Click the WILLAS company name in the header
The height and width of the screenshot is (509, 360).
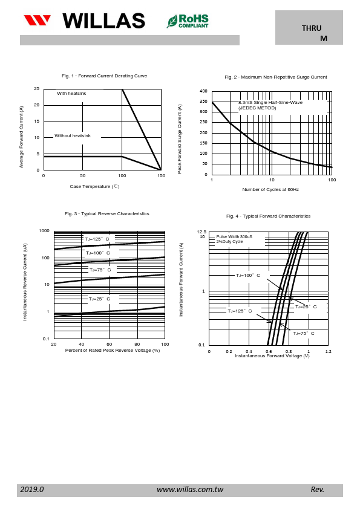[103, 21]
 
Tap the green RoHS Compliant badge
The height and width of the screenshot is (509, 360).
[188, 21]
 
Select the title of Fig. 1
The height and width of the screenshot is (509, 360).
[104, 76]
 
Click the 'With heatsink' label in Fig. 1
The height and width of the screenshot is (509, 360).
[71, 94]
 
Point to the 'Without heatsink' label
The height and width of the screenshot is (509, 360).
[73, 135]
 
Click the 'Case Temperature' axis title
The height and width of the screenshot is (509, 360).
[94, 186]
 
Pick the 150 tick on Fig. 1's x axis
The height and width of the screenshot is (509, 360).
[162, 176]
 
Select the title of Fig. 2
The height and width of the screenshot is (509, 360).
[276, 77]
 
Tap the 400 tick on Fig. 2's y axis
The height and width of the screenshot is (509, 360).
[203, 91]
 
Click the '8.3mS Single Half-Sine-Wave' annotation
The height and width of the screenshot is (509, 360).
[270, 102]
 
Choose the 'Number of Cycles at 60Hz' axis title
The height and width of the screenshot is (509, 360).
[270, 189]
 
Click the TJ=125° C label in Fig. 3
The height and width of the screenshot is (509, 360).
[97, 239]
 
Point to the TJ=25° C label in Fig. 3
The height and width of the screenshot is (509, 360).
[99, 299]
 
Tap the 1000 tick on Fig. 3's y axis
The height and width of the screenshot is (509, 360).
[44, 231]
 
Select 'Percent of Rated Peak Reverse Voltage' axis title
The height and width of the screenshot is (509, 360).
[113, 350]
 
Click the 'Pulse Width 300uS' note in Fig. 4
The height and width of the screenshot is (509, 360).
[234, 236]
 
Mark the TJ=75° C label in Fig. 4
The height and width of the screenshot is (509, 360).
[304, 333]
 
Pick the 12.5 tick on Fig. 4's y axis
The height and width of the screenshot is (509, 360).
[201, 232]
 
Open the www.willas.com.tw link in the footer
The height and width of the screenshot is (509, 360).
[190, 490]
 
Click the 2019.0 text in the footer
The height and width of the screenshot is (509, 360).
[32, 490]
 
